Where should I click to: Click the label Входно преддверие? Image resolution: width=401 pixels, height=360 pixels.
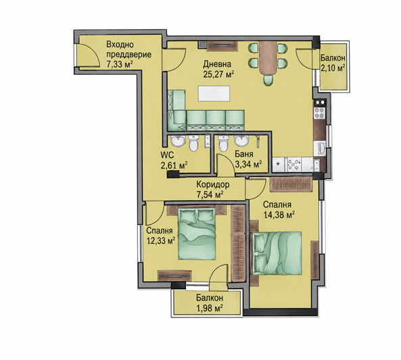(128, 49)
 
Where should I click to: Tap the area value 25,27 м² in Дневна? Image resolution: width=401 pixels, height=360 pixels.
(219, 74)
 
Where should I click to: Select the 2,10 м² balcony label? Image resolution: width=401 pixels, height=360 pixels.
(333, 68)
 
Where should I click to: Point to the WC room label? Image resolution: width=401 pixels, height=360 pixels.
(167, 155)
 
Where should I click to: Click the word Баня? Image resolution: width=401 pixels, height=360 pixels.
(244, 154)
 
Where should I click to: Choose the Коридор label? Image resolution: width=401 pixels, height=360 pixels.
(213, 184)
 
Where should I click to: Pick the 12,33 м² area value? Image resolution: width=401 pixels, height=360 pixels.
(161, 240)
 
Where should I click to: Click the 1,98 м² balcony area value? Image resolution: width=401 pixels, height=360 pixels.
(209, 308)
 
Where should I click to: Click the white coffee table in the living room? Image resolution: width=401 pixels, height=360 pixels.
(214, 93)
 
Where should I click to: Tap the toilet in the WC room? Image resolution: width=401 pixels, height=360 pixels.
(193, 143)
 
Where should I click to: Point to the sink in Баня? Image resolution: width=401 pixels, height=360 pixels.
(241, 141)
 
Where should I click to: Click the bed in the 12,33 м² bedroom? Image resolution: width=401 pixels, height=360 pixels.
(197, 234)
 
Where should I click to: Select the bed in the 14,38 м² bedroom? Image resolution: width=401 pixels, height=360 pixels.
(277, 253)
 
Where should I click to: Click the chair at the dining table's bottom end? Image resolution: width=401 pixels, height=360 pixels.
(268, 81)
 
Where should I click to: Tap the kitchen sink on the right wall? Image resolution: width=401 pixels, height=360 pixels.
(321, 149)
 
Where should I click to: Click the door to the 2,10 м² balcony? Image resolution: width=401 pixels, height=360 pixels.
(304, 57)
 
